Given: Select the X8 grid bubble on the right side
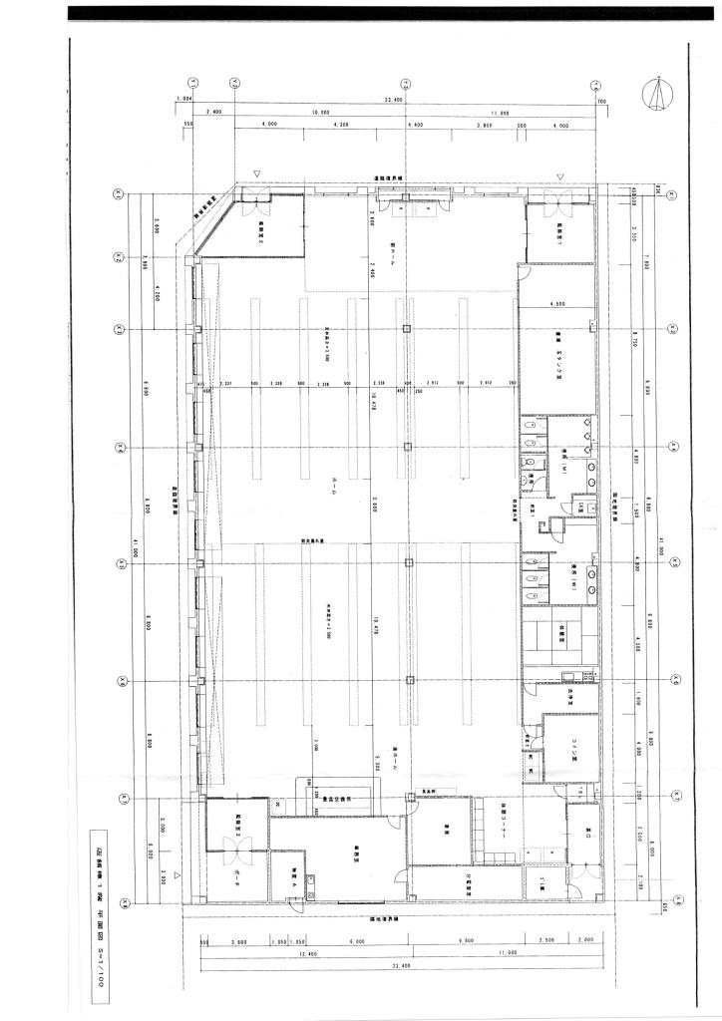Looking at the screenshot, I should click(x=675, y=905).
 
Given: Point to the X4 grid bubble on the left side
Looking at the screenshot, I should click(x=119, y=446).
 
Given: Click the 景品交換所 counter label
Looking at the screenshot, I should click(x=338, y=798).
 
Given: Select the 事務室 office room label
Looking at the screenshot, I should click(x=356, y=848).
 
